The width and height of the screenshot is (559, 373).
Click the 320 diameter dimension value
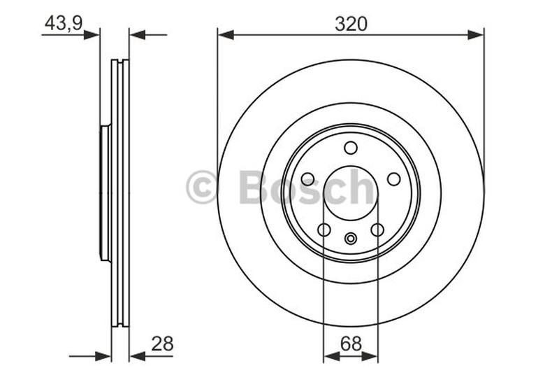point(351,24)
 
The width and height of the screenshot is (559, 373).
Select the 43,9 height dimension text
point(64,23)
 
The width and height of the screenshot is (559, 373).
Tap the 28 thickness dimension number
point(161,344)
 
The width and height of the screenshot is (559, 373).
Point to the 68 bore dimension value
point(351,344)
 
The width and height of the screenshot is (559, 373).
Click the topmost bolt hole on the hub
point(351,148)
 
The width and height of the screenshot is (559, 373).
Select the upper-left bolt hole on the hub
point(307,179)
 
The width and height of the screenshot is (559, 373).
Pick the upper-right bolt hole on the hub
point(394,179)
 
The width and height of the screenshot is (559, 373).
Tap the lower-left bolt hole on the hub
point(324,230)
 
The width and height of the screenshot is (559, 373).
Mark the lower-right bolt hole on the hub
point(377,230)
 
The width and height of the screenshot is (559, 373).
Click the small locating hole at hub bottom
point(351,239)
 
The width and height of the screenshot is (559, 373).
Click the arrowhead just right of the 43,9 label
point(92,34)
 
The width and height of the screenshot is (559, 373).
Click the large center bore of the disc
point(351,193)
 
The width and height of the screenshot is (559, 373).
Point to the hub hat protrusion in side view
point(105,193)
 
